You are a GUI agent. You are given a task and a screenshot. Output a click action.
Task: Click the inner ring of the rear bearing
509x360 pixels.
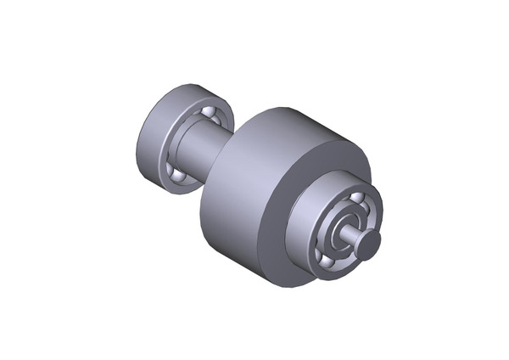pos(188,127)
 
